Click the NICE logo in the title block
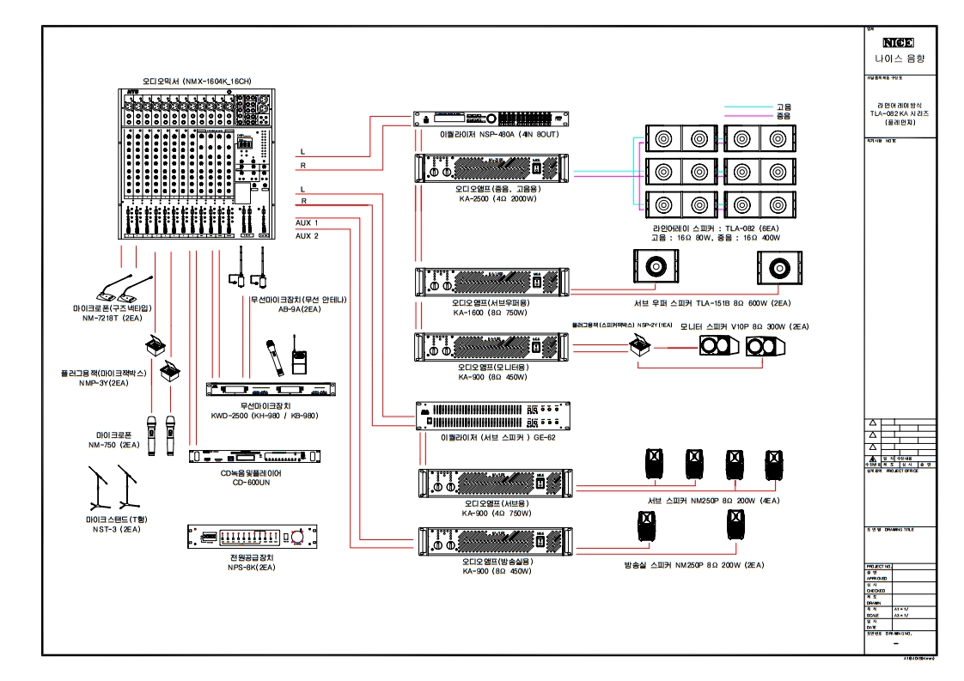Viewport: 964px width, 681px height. (899, 42)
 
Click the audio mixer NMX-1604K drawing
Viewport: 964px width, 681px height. (195, 163)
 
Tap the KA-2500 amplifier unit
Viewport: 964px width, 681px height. (491, 167)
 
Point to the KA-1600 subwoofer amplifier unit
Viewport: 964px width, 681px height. (491, 282)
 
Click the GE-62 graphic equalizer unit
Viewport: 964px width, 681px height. (491, 417)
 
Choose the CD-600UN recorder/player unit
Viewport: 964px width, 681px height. (256, 457)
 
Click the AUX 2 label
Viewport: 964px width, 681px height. (307, 234)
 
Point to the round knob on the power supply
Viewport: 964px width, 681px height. (297, 538)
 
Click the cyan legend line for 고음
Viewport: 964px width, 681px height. (747, 107)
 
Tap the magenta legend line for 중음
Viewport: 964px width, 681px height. (747, 116)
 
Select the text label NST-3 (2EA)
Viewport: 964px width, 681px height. (112, 530)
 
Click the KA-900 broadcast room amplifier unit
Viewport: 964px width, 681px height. (491, 542)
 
